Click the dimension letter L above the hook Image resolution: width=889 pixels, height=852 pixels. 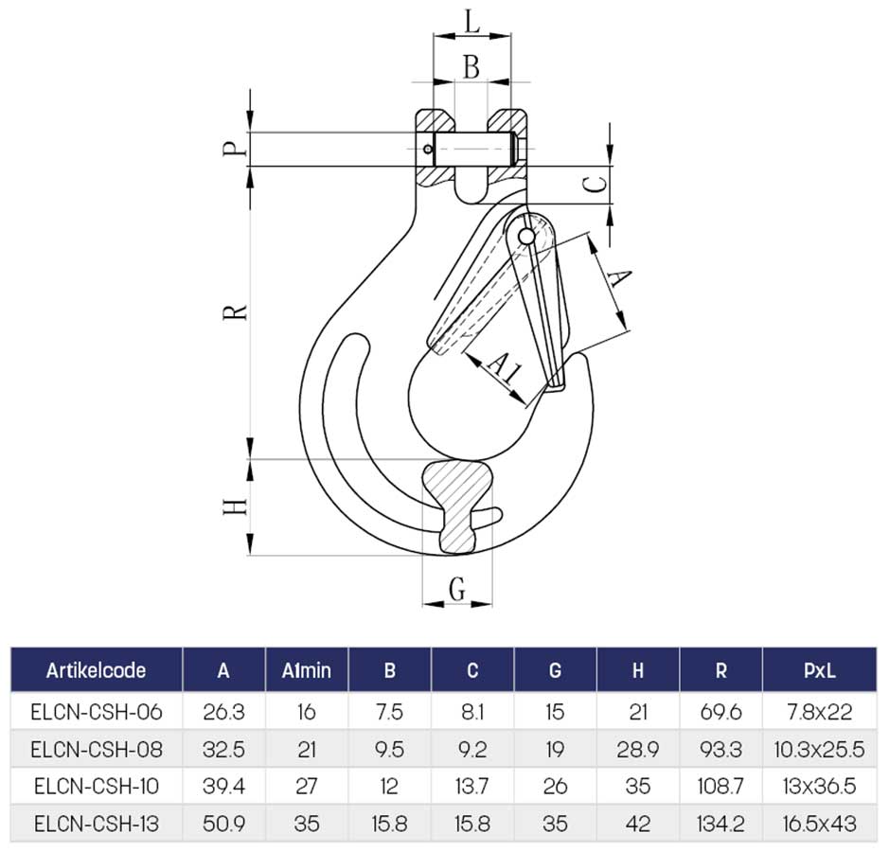click(x=471, y=22)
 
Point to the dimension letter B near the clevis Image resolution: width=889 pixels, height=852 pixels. click(x=471, y=66)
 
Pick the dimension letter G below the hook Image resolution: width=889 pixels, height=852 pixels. click(x=457, y=589)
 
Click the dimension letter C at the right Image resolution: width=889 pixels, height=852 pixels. click(x=595, y=185)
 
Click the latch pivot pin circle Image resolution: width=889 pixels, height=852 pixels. click(x=526, y=236)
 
